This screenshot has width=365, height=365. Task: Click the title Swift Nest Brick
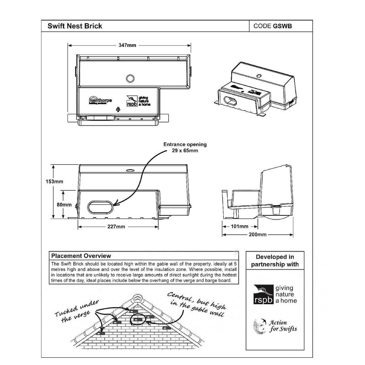(x=75, y=26)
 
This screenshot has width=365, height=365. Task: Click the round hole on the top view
(x=130, y=78)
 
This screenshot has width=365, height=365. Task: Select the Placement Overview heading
(x=81, y=256)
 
